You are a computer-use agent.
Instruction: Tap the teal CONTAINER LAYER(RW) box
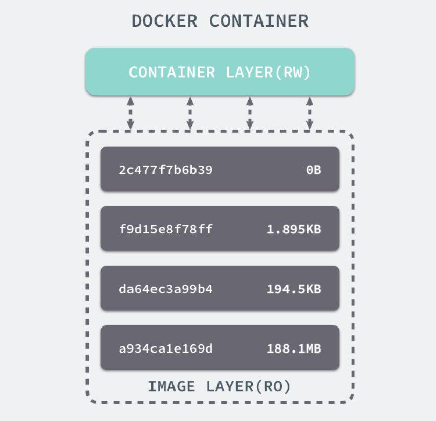click(220, 72)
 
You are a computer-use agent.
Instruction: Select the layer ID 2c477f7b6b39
click(165, 170)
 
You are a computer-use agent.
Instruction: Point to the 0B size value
click(313, 170)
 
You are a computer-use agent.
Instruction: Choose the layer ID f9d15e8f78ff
click(165, 230)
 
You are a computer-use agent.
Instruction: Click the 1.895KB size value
click(294, 230)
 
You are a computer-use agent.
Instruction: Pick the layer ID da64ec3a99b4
click(165, 290)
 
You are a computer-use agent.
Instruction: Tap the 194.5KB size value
click(294, 290)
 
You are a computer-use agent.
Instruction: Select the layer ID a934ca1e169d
click(165, 349)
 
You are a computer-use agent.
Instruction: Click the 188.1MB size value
click(294, 349)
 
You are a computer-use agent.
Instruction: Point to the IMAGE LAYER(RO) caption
click(220, 387)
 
